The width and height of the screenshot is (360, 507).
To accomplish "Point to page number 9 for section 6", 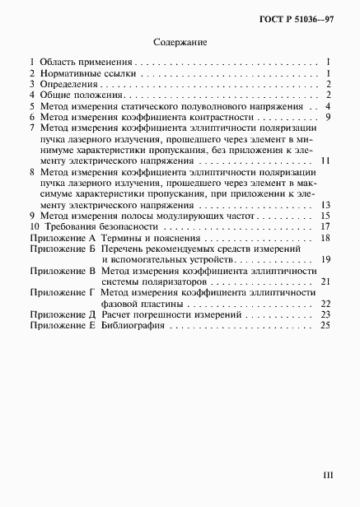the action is pos(327,118).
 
